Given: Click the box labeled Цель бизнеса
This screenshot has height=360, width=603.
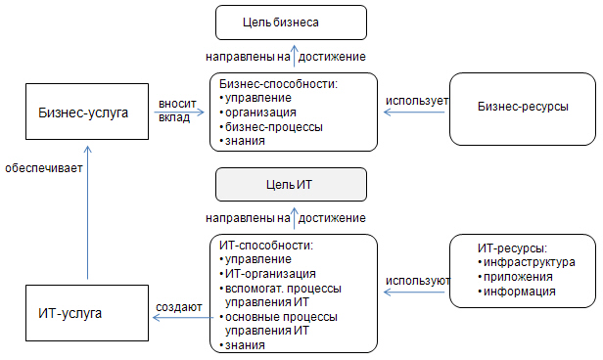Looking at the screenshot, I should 290,21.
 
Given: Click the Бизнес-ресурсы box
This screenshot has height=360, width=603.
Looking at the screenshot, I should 523,106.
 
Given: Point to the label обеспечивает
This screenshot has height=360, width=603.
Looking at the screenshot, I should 42,168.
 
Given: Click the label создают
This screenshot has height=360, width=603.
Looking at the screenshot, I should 179,308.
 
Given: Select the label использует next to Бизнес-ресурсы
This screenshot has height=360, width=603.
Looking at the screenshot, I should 416,101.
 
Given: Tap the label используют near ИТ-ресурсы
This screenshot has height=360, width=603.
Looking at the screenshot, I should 417,281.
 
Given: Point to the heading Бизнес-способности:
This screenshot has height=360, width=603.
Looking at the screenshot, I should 278,83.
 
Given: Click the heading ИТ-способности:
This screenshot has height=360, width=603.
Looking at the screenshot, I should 268,244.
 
